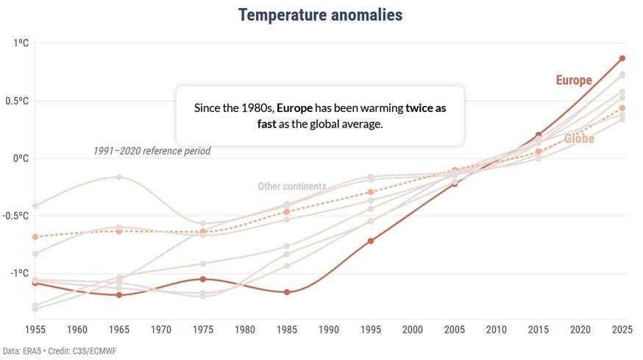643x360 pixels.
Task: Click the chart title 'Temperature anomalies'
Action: pyautogui.click(x=320, y=15)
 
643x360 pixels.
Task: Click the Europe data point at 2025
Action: pyautogui.click(x=622, y=58)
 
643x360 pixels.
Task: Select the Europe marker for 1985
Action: pyautogui.click(x=287, y=292)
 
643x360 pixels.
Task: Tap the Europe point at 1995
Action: pyautogui.click(x=371, y=241)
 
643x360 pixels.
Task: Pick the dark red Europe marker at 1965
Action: pyautogui.click(x=119, y=295)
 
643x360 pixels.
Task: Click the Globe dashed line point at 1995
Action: pyautogui.click(x=371, y=192)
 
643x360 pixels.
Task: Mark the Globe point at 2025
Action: pyautogui.click(x=622, y=108)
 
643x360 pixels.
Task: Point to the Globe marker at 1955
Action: pyautogui.click(x=35, y=236)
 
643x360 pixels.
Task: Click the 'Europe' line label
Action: pyautogui.click(x=574, y=80)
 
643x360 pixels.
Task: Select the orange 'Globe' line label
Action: pyautogui.click(x=579, y=138)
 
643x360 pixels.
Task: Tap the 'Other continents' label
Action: pyautogui.click(x=292, y=186)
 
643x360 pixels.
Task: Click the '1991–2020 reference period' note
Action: pyautogui.click(x=152, y=151)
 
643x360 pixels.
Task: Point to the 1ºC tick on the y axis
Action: pyautogui.click(x=20, y=43)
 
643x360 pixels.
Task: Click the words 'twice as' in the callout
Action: pyautogui.click(x=426, y=107)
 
